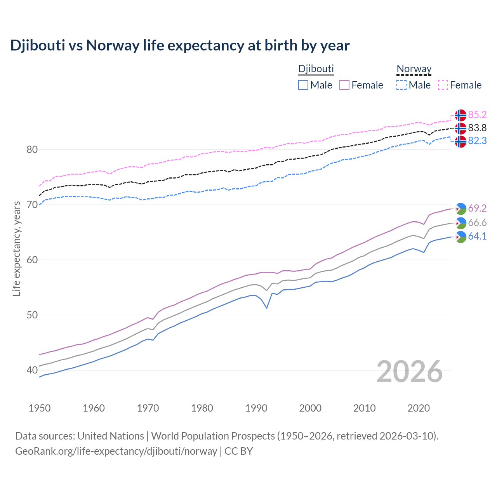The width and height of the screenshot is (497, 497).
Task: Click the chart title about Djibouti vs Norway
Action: coord(180,45)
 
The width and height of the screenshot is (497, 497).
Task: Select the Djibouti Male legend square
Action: coord(303,85)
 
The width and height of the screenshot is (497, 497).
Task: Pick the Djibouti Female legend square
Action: coord(344,85)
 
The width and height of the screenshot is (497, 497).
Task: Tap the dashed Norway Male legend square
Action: coord(401,85)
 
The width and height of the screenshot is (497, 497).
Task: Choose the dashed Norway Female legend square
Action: coord(443,85)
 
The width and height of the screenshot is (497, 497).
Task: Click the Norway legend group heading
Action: coord(414,69)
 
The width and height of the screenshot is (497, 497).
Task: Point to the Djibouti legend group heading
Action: coord(316,69)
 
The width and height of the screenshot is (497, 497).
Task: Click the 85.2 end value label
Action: coord(477,115)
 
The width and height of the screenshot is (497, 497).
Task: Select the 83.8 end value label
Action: coord(477,128)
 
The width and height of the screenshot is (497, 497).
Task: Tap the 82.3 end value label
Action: coord(477,141)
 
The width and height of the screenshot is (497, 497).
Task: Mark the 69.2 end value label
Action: coord(477,209)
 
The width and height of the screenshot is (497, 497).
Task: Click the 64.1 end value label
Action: coord(477,236)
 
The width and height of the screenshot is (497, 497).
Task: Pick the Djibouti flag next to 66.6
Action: coord(461,223)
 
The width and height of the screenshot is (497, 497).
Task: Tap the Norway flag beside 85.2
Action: coord(461,115)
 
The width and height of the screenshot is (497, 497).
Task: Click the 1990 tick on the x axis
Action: coord(256,408)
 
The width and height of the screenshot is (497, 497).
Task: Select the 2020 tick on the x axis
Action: coord(419,408)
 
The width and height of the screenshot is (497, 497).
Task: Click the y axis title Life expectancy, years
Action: coord(16,248)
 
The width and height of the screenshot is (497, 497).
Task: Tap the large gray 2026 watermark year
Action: coord(410,372)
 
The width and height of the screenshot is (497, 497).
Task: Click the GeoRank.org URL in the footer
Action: coord(116,451)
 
